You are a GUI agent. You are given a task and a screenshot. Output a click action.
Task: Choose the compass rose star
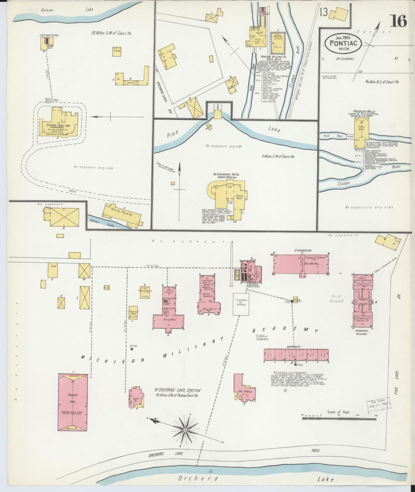tap(186, 430)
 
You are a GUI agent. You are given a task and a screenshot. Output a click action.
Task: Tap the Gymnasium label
tap(303, 251)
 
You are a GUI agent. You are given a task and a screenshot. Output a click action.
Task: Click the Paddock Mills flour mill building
tap(361, 133)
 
